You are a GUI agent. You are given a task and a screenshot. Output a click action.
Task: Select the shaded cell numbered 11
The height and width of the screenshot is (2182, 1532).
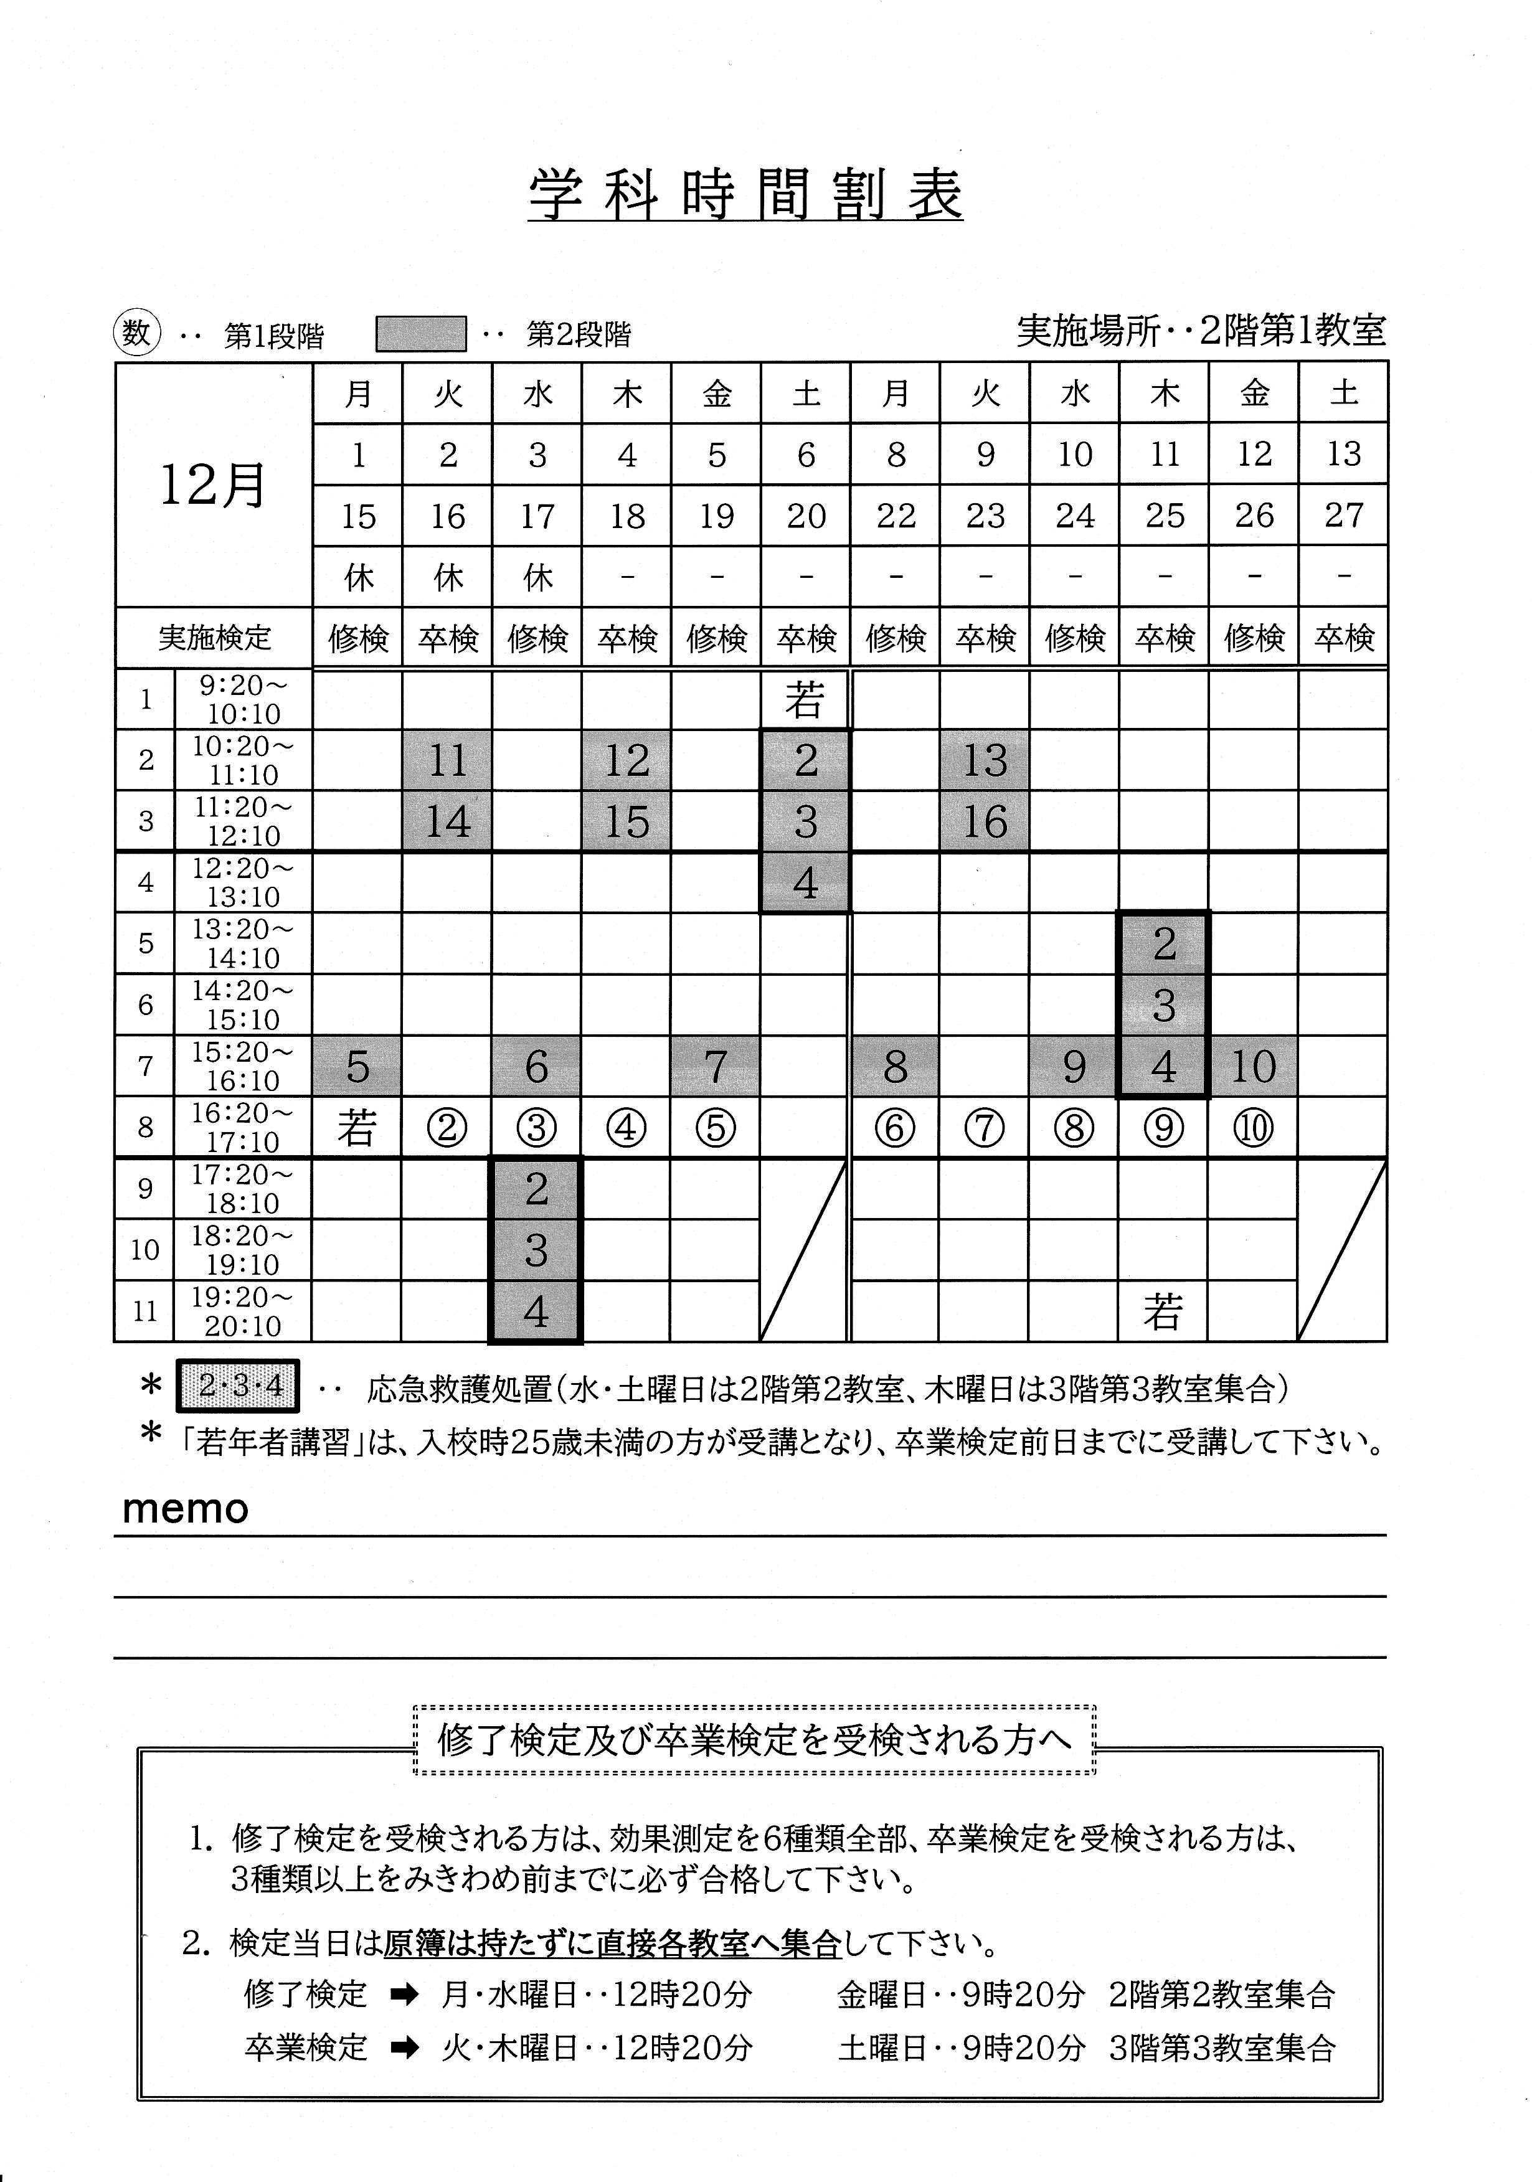pos(448,760)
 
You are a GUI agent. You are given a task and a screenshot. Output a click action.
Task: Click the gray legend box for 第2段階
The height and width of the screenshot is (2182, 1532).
pos(421,334)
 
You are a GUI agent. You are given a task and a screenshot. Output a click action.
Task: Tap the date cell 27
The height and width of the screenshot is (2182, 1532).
pos(1343,515)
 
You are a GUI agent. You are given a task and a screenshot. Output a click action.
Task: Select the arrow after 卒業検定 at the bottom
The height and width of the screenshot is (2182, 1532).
pos(405,2046)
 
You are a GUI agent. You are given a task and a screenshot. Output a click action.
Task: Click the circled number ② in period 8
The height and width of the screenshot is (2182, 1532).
pos(448,1128)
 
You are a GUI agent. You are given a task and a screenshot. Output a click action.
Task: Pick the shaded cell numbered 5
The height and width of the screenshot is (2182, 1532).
pos(357,1066)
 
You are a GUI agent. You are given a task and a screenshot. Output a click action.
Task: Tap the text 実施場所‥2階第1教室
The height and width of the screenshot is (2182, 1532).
pos(1200,331)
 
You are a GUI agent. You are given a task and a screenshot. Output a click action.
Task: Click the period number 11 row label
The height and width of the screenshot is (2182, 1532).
pos(144,1311)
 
